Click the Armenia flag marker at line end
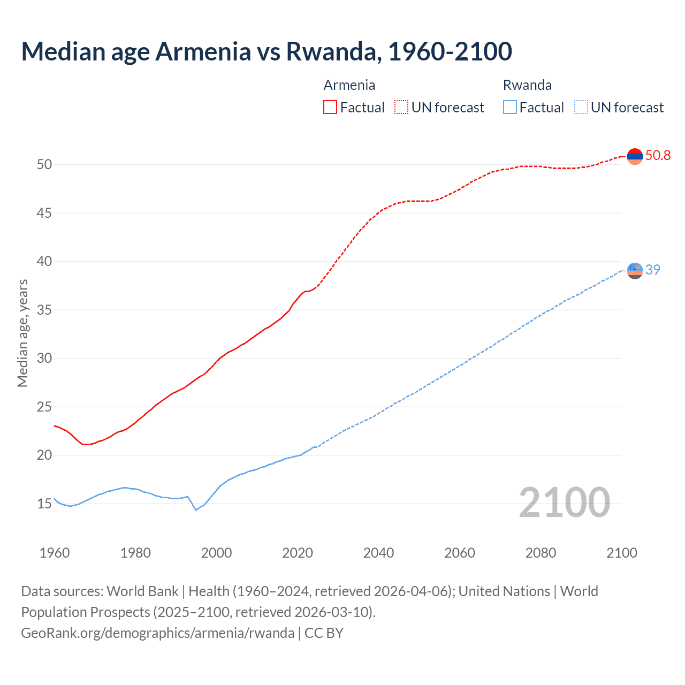635,156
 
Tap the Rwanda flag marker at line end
635,271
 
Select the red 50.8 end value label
658,156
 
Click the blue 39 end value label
653,270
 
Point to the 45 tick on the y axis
44,213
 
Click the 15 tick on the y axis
44,504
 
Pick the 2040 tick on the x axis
378,553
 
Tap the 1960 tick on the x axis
55,553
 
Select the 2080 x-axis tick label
541,553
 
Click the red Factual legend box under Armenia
330,108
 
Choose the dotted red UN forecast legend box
401,108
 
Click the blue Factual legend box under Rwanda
510,108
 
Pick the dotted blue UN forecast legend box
581,108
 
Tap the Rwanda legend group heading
527,85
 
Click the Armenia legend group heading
349,85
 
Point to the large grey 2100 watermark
564,502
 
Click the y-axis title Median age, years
22,333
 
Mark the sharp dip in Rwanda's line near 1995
196,510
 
